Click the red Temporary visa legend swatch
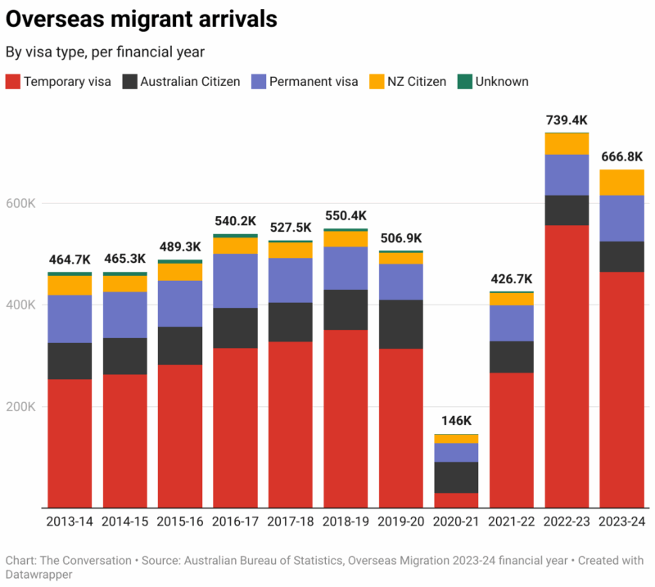click(x=13, y=81)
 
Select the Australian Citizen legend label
click(x=190, y=81)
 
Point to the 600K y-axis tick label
click(x=22, y=203)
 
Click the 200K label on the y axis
click(x=22, y=406)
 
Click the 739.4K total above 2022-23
click(x=567, y=120)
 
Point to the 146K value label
click(x=456, y=421)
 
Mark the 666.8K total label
click(x=621, y=156)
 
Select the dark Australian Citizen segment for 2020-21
click(x=456, y=477)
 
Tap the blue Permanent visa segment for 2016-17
click(x=235, y=281)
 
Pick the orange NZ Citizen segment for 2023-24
click(x=621, y=183)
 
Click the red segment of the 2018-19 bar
click(x=346, y=418)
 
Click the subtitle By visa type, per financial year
click(x=105, y=52)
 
